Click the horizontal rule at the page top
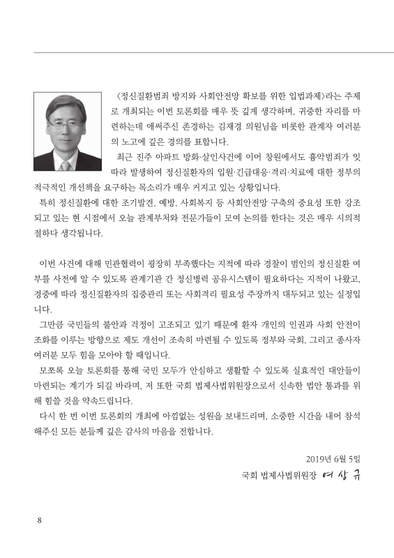point(197,52)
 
